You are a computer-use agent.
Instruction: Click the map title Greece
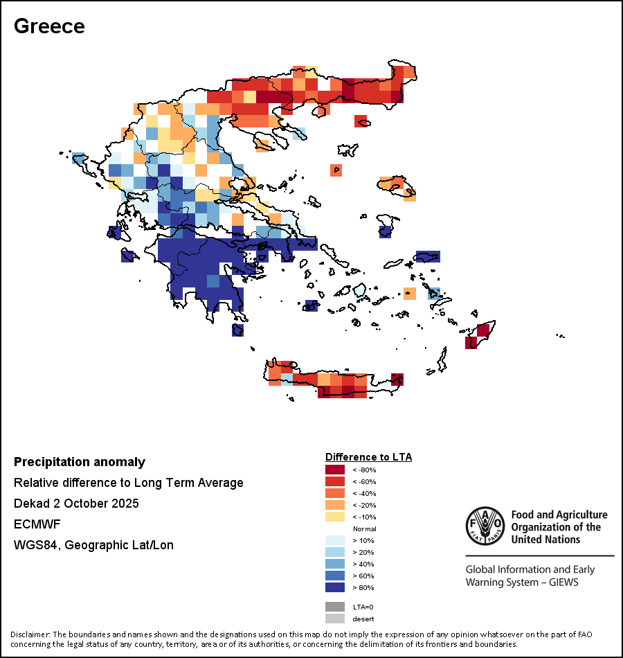click(49, 26)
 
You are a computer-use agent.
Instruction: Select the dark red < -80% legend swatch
click(335, 470)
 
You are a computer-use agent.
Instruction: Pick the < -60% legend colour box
click(335, 482)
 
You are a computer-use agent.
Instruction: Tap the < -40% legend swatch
click(335, 494)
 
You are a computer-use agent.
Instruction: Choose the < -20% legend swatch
click(335, 506)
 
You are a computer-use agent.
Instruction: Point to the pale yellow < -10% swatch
click(335, 517)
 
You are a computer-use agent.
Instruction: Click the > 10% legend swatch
click(335, 541)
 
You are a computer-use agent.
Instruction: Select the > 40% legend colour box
click(335, 564)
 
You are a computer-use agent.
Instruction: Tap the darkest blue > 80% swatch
click(335, 588)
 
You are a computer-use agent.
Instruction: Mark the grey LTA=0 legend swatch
click(335, 607)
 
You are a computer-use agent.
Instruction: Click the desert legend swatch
click(335, 619)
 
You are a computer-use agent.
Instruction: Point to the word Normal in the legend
click(364, 529)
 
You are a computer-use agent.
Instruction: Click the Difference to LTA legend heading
click(368, 457)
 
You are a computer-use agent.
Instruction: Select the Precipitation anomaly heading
click(80, 462)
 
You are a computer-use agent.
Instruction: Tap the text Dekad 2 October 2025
click(76, 504)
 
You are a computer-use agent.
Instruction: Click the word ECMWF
click(33, 524)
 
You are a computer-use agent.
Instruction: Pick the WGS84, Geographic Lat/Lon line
click(93, 545)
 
